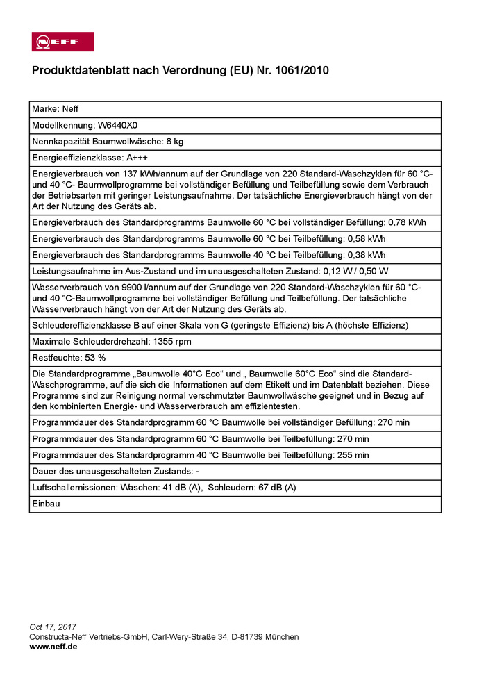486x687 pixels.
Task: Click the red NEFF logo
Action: tap(62, 42)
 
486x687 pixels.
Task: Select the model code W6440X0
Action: tap(117, 126)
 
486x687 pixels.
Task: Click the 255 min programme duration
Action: tap(352, 455)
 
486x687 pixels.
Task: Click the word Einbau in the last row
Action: tap(46, 504)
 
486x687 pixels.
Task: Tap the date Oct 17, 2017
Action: tap(53, 627)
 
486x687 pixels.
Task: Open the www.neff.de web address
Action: tap(53, 647)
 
